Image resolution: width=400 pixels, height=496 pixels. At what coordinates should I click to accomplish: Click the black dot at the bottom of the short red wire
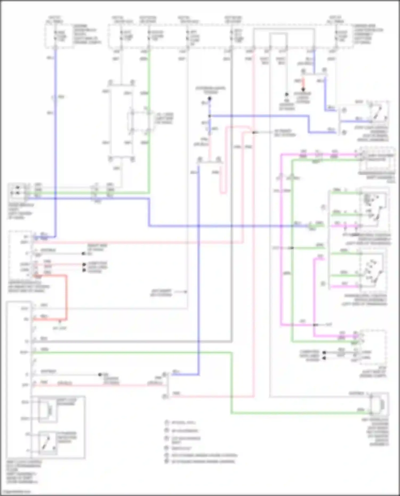pos(303,90)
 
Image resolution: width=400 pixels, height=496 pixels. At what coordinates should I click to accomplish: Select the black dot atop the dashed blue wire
pos(210,99)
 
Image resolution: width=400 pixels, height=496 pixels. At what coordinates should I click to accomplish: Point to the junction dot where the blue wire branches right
pos(210,116)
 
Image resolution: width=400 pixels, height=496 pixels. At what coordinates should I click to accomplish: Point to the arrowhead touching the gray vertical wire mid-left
pos(186,292)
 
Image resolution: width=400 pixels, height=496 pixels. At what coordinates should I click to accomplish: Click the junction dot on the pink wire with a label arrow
pos(254,132)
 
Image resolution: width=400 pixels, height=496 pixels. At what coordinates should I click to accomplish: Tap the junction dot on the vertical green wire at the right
pos(292,248)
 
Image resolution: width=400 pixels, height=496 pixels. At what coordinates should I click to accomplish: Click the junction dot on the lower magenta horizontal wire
pos(315,325)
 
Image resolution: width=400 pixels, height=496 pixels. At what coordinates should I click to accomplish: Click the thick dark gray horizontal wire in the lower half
pos(133,341)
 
